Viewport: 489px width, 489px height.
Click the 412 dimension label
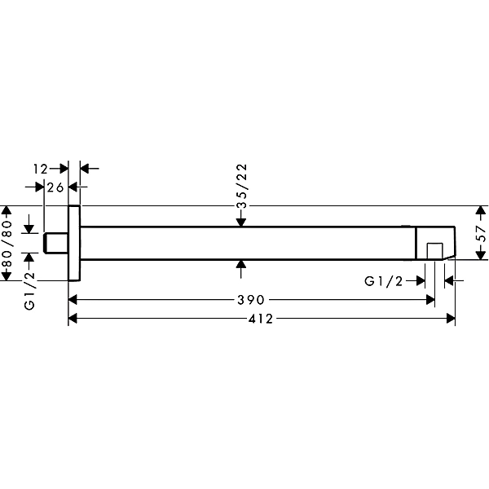point(261,319)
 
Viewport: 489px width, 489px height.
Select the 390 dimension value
point(251,300)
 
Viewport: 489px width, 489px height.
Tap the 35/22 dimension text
point(242,186)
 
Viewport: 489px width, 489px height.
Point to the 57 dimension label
point(482,234)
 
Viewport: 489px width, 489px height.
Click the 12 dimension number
point(41,169)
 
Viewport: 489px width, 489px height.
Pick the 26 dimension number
point(55,187)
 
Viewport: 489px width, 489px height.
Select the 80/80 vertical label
point(7,243)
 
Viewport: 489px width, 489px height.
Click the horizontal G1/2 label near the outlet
point(384,281)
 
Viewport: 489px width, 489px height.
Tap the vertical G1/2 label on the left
point(29,289)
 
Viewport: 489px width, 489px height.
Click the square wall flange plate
point(74,243)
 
